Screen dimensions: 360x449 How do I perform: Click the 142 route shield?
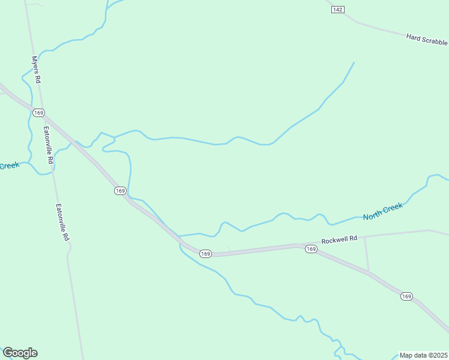point(338,10)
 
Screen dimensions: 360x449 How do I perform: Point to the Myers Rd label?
point(36,70)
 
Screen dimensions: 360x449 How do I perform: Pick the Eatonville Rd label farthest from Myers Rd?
point(62,223)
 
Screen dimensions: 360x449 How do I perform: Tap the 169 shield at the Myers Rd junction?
point(39,113)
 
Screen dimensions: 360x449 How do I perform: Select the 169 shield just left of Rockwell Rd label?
point(310,248)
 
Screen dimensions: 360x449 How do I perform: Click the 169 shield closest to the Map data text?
point(406,296)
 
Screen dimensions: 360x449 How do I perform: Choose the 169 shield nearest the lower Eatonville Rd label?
point(120,191)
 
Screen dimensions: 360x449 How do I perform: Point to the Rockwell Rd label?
point(339,239)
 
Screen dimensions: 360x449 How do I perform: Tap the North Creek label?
point(382,211)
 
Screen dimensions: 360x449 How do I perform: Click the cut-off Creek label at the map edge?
point(10,166)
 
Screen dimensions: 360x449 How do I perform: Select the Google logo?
point(20,353)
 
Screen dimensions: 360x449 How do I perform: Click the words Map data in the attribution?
point(414,355)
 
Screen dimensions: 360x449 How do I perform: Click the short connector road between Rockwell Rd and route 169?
point(367,253)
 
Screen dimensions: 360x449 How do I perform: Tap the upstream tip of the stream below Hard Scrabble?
point(354,62)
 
